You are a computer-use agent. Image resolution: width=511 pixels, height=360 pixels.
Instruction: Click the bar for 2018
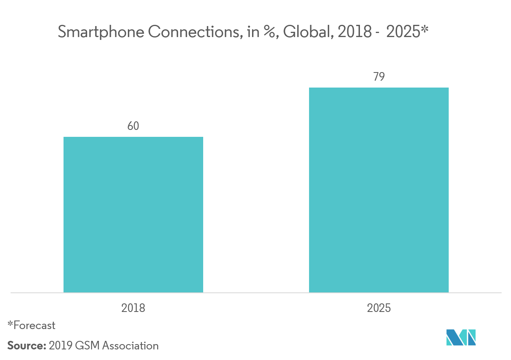(x=133, y=215)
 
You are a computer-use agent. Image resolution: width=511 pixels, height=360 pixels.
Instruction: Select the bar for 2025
(x=379, y=190)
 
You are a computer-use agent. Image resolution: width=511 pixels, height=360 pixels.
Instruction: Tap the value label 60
(x=133, y=126)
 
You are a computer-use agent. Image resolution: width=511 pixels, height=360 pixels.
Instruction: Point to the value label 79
(x=379, y=77)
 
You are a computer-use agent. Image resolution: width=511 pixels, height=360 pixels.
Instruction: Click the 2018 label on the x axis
(x=133, y=308)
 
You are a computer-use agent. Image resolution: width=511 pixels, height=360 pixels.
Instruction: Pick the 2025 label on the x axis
(x=379, y=308)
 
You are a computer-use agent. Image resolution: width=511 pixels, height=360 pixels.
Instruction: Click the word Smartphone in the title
(x=101, y=32)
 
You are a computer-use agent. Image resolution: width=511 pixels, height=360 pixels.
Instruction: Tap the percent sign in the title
(x=268, y=32)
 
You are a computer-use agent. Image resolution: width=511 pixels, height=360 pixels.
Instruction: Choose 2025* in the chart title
(x=405, y=32)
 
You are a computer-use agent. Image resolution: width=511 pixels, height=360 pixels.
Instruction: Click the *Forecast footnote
(x=31, y=325)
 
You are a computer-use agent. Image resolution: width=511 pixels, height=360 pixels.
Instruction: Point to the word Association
(x=130, y=346)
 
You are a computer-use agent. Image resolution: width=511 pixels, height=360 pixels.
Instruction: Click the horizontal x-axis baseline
(x=256, y=292)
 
